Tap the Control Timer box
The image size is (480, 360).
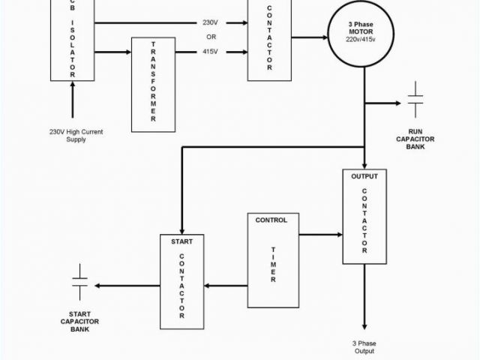pyautogui.click(x=272, y=259)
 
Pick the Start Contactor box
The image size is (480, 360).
pyautogui.click(x=181, y=281)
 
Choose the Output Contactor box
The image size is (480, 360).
pyautogui.click(x=364, y=217)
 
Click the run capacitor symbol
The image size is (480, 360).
pyautogui.click(x=415, y=103)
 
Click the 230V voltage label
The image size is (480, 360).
pyautogui.click(x=211, y=21)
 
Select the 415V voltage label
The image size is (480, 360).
pyautogui.click(x=211, y=52)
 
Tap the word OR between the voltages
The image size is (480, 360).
pyautogui.click(x=211, y=36)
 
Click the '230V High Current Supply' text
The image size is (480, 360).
pyautogui.click(x=76, y=136)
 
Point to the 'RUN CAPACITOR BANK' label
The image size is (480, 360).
pyautogui.click(x=415, y=139)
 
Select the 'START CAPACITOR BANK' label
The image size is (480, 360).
pyautogui.click(x=79, y=321)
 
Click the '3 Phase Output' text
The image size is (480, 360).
pyautogui.click(x=364, y=347)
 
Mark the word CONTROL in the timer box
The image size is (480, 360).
pyautogui.click(x=271, y=220)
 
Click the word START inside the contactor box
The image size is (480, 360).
pyautogui.click(x=181, y=241)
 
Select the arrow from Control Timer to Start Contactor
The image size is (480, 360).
pyautogui.click(x=226, y=285)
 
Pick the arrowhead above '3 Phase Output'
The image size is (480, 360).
pyautogui.click(x=364, y=325)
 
